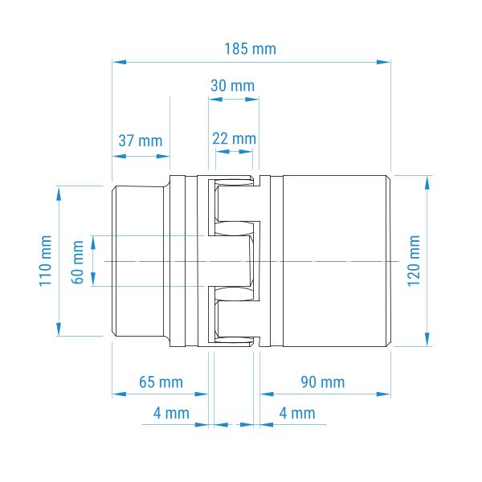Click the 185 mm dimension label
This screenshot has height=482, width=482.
(250, 49)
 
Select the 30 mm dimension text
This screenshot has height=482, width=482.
(233, 85)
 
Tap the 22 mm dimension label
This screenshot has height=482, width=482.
(235, 139)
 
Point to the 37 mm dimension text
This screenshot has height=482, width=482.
(141, 141)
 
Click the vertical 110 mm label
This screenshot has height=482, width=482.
(45, 261)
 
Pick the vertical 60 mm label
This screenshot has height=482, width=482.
(77, 262)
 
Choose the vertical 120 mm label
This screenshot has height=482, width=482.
(414, 261)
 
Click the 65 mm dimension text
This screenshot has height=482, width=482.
(161, 382)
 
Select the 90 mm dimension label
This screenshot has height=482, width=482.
(323, 382)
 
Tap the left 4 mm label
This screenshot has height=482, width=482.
(171, 413)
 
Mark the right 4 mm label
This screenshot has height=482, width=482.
(297, 413)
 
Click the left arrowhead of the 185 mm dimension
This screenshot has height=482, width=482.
(119, 62)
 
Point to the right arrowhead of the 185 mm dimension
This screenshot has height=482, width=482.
(384, 62)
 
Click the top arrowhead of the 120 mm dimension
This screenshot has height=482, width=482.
(427, 183)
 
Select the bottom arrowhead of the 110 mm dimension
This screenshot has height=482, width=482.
(59, 329)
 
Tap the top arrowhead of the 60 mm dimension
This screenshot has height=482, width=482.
(93, 243)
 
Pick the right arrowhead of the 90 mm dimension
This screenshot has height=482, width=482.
(384, 394)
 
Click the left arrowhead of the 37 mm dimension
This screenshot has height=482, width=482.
(119, 156)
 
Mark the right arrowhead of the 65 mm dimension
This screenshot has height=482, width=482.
(202, 394)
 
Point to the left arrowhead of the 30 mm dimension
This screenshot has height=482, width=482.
(215, 100)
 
